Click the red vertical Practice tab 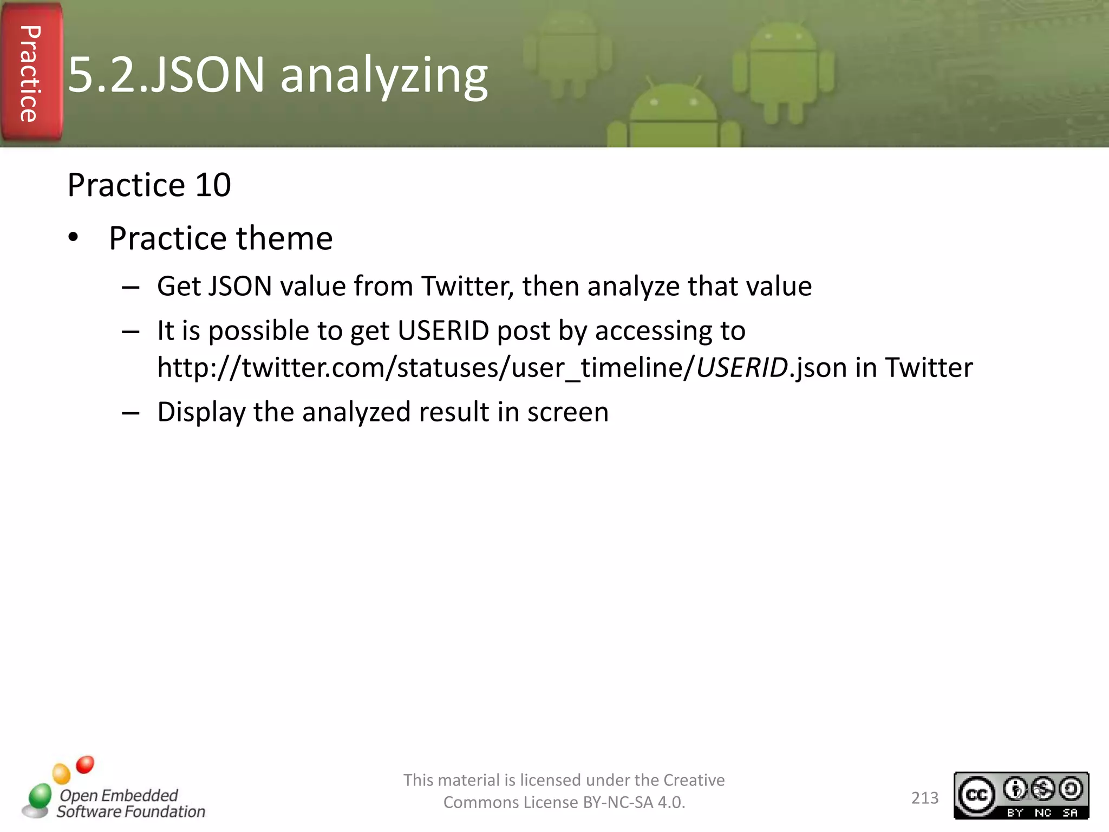31,73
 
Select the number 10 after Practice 213,185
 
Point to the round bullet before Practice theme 74,238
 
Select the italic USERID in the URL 742,367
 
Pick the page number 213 925,797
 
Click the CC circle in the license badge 976,794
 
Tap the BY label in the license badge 1015,812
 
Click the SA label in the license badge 1070,812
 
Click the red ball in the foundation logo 85,764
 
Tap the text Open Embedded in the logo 119,795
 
